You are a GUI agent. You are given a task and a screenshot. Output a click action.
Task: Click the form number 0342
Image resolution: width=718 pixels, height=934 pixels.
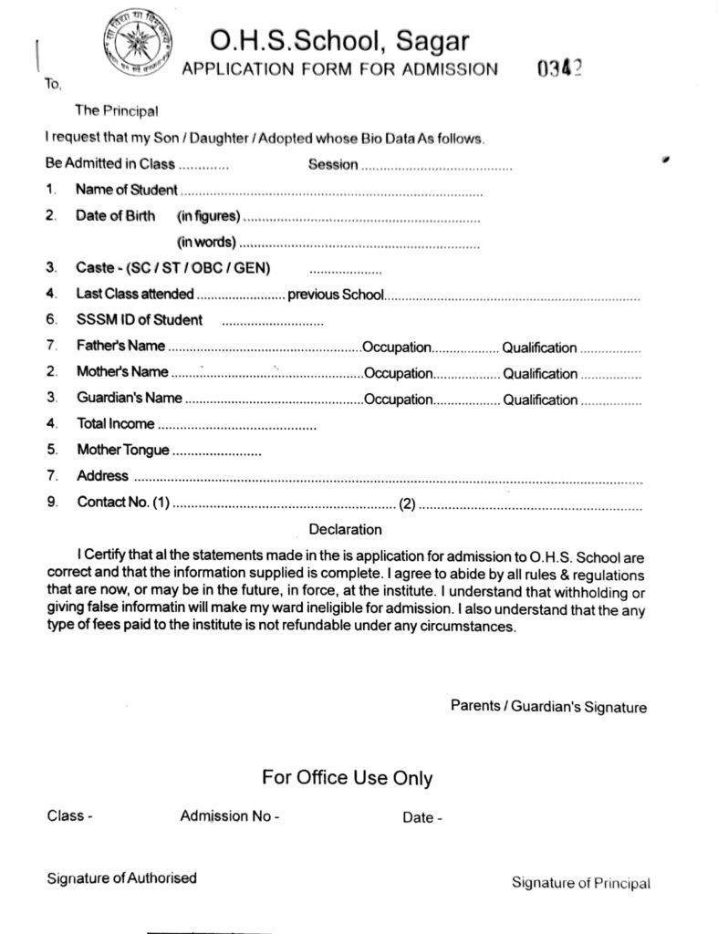[x=560, y=69]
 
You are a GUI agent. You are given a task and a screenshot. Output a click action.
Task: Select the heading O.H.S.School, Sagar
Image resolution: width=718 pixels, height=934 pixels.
[x=339, y=40]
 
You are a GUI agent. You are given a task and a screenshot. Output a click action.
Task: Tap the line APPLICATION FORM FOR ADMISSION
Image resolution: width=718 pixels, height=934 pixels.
[x=340, y=69]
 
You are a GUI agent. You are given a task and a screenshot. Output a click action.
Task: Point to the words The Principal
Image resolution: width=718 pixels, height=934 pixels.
[x=116, y=111]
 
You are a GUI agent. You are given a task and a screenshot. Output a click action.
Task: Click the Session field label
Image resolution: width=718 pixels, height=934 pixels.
[x=333, y=165]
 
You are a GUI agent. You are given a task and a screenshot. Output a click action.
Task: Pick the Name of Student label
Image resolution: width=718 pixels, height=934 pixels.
[x=127, y=191]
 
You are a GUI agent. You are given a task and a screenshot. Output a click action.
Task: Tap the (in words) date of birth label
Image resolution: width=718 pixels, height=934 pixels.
[x=206, y=243]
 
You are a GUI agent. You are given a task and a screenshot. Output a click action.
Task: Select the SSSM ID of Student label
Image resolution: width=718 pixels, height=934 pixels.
[x=140, y=320]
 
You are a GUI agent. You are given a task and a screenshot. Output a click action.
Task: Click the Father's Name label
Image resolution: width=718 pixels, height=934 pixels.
[x=121, y=347]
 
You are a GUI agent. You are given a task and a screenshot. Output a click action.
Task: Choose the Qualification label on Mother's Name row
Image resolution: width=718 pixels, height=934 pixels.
[x=540, y=374]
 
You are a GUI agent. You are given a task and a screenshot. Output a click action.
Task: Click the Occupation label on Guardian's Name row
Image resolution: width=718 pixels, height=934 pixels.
[x=397, y=400]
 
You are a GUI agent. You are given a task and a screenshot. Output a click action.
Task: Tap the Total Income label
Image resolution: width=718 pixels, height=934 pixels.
[x=116, y=424]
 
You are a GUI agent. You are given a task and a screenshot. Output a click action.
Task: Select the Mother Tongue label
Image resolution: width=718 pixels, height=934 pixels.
[x=123, y=450]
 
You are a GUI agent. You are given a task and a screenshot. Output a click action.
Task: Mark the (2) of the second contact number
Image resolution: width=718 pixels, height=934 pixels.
[x=407, y=503]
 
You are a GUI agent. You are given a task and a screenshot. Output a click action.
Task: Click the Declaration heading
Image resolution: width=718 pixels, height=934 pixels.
[x=345, y=530]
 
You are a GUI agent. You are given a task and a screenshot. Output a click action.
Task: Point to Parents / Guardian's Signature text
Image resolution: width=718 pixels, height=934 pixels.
[x=548, y=707]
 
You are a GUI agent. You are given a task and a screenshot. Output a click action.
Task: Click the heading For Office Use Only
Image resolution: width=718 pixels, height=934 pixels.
[x=347, y=778]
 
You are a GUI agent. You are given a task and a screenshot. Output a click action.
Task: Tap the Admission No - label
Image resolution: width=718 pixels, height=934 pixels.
[x=230, y=817]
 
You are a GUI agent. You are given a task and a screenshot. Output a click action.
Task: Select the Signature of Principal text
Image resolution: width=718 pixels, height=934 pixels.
[x=581, y=883]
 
